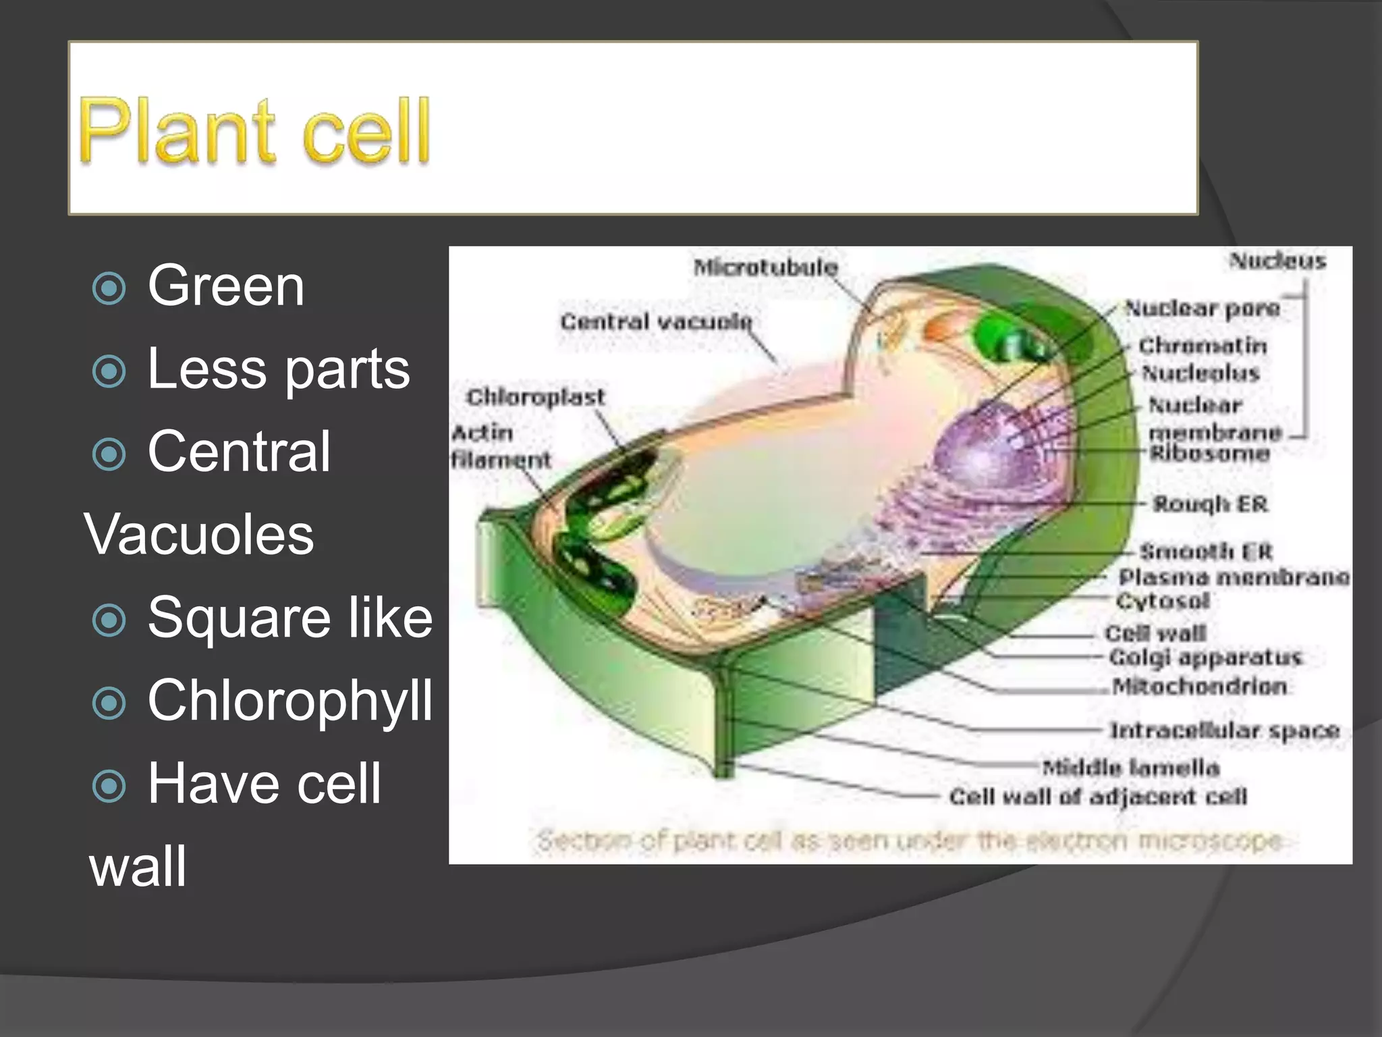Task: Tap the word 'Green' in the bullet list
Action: (226, 286)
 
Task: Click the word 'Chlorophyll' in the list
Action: (289, 701)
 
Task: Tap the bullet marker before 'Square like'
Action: (109, 620)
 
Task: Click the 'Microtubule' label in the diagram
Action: (765, 267)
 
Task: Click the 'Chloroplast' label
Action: (535, 397)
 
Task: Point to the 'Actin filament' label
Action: (500, 446)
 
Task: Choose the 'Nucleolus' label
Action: (1200, 373)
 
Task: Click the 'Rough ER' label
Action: (1210, 504)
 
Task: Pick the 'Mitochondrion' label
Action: (1199, 687)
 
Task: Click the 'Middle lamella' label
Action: (1130, 768)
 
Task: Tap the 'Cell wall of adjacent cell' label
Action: (1097, 797)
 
